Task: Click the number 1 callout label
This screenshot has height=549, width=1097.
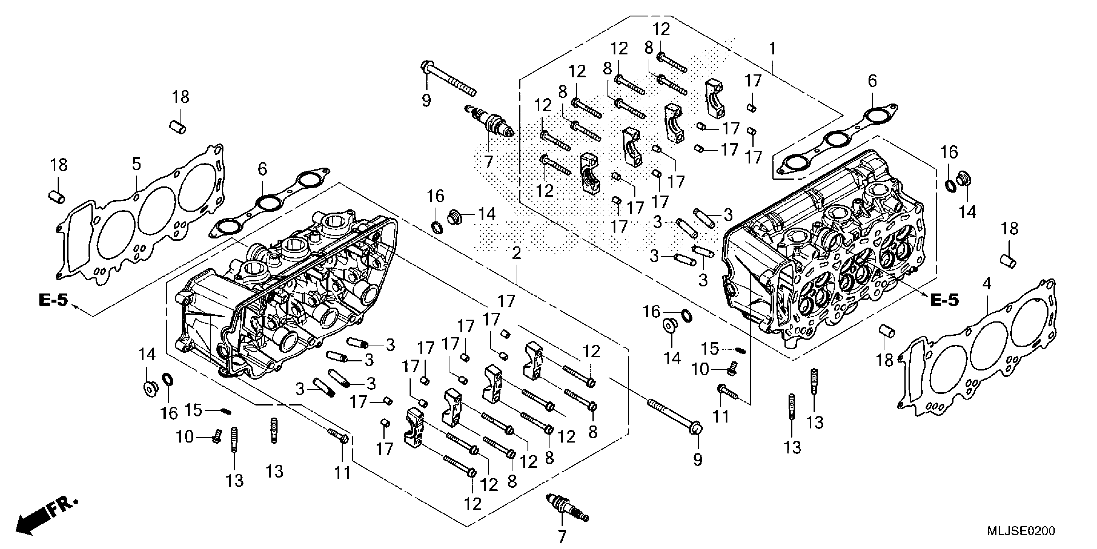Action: (772, 49)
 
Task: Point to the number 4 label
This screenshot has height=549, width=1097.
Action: (986, 284)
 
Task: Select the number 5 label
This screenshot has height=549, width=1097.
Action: (136, 164)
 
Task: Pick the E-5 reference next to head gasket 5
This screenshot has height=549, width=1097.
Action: (53, 300)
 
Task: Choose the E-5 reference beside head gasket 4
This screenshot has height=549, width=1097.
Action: (944, 300)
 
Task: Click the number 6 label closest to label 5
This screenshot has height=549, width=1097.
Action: (262, 169)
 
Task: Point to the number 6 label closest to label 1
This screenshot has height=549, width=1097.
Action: (872, 81)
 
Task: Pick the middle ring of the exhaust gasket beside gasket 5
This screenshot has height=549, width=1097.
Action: (267, 202)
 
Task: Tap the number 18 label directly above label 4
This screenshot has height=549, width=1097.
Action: (1009, 229)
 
